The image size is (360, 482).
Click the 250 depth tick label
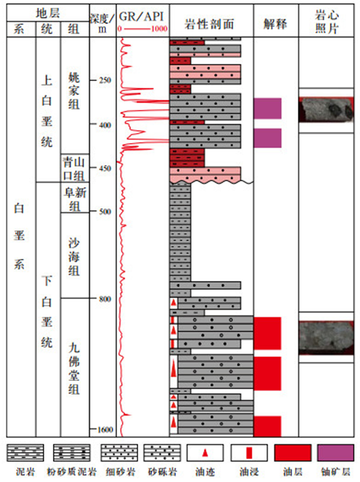click(x=106, y=80)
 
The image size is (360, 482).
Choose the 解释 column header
click(x=275, y=23)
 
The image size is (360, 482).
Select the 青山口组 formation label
click(x=74, y=169)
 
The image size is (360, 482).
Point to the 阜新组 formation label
click(x=74, y=198)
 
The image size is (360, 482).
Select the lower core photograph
click(x=327, y=337)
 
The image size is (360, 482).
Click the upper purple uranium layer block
click(x=267, y=108)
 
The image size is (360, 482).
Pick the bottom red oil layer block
click(x=267, y=426)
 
